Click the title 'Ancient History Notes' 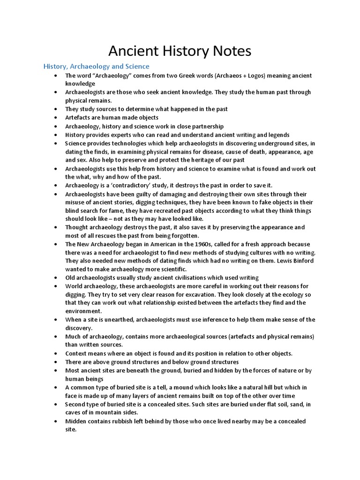(x=180, y=50)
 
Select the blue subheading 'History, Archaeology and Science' (x=97, y=66)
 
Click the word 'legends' (x=278, y=135)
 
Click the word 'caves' (x=75, y=413)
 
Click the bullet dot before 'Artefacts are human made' (x=56, y=118)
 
